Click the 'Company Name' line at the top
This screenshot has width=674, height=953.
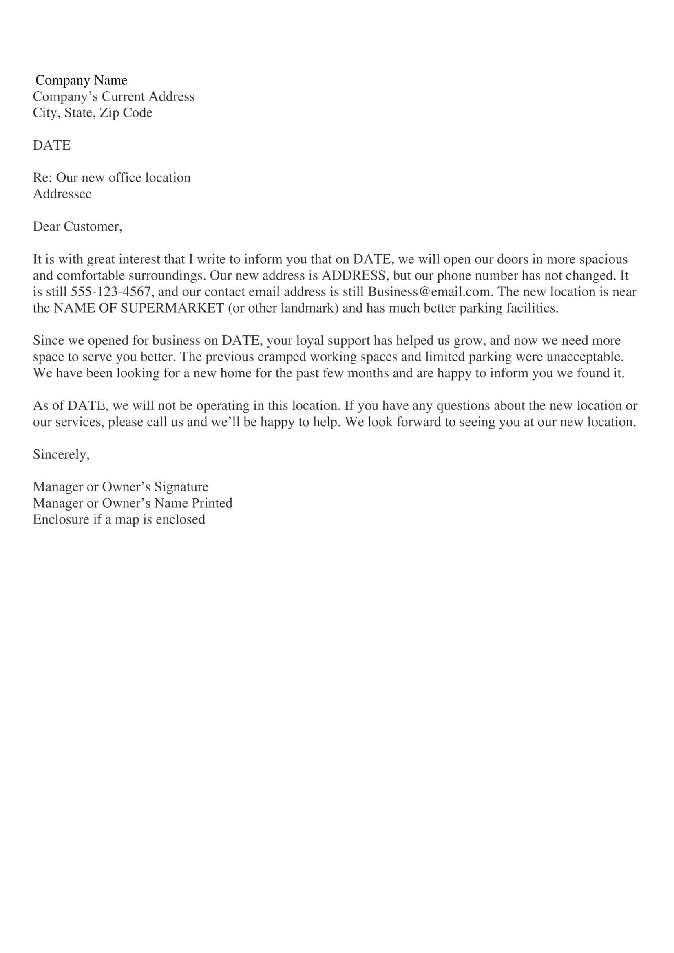tap(82, 80)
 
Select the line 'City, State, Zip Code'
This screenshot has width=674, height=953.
tap(93, 113)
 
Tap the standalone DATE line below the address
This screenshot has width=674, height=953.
tap(51, 145)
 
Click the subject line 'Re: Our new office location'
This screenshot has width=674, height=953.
tap(112, 178)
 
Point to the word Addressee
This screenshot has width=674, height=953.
tap(62, 194)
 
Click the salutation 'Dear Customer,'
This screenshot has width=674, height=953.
tap(77, 227)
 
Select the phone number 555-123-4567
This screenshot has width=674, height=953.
tap(110, 292)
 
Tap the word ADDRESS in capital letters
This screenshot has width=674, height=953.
tap(354, 275)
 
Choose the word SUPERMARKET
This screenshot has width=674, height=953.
tap(172, 308)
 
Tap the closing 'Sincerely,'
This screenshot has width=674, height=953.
tap(61, 455)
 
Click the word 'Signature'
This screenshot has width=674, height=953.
tap(181, 487)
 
